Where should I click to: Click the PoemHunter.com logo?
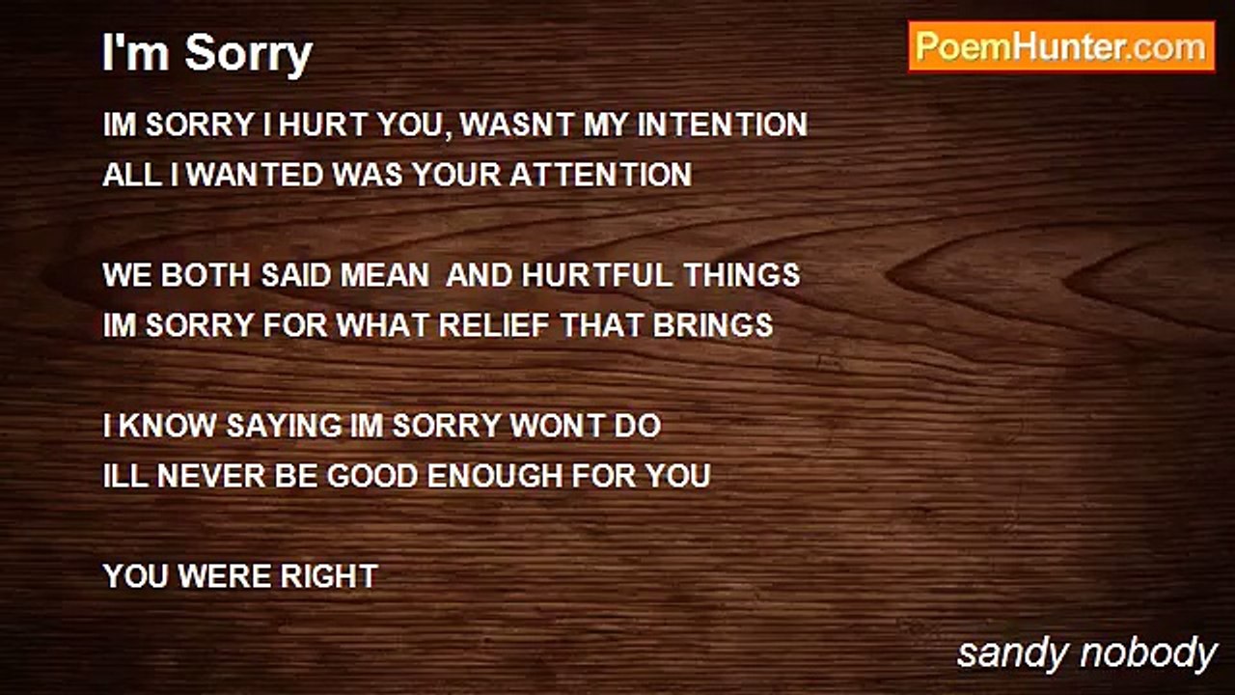coord(1061,47)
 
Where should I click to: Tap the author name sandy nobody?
coord(1087,654)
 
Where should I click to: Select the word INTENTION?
coord(723,125)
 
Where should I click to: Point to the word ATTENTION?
coord(600,175)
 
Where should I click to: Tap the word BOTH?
coord(206,275)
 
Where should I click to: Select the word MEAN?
coord(384,275)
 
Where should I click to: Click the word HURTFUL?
coord(597,275)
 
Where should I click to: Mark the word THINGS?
coord(742,275)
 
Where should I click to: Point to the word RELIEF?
coord(494,325)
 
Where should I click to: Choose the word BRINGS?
coord(713,325)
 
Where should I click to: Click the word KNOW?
coord(167,426)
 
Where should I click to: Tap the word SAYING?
coord(284,426)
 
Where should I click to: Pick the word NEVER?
coord(210,476)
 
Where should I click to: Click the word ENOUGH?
coord(495,476)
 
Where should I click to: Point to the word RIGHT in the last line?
coord(329,576)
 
